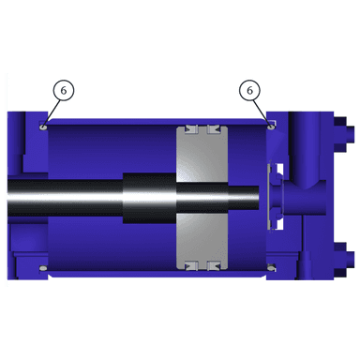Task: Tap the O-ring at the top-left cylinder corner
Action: tap(43, 127)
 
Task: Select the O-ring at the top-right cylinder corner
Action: tap(271, 127)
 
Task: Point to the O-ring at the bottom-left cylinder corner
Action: tap(43, 268)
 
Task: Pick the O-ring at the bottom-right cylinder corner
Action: tap(271, 267)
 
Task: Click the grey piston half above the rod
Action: tap(202, 154)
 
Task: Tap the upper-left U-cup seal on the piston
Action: tap(190, 129)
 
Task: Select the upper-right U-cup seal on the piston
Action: tap(214, 129)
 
